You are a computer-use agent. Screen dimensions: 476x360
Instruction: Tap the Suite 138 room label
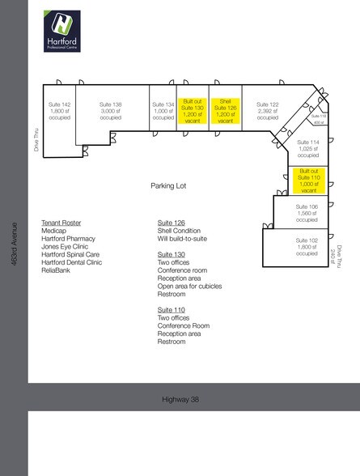pyautogui.click(x=111, y=110)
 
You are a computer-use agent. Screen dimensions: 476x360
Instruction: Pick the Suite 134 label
pyautogui.click(x=163, y=110)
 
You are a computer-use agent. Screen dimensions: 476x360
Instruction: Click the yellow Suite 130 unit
pyautogui.click(x=193, y=109)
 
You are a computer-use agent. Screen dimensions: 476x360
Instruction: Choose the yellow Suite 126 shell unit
pyautogui.click(x=226, y=109)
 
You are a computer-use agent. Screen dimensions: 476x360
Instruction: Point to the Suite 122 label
pyautogui.click(x=268, y=110)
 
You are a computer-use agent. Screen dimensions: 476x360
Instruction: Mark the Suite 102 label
pyautogui.click(x=307, y=247)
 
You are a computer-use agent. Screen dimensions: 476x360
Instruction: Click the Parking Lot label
pyautogui.click(x=168, y=185)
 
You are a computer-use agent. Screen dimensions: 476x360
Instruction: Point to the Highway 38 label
pyautogui.click(x=180, y=397)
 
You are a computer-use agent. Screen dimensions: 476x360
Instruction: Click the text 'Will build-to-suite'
pyautogui.click(x=185, y=239)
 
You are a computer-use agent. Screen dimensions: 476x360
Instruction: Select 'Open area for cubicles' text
pyautogui.click(x=189, y=286)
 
